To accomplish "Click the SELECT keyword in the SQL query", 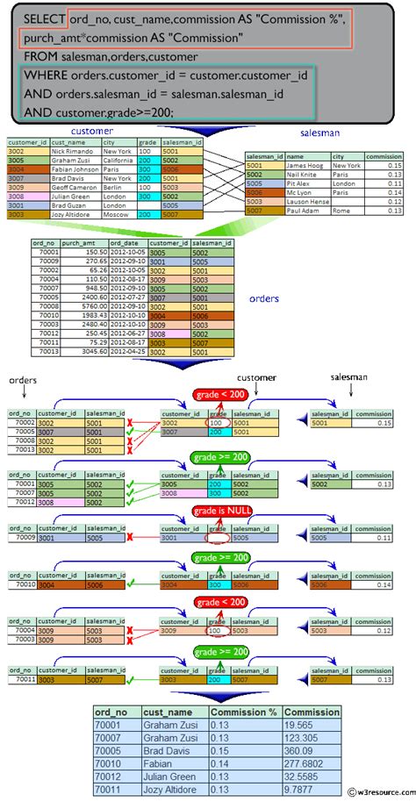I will click(42, 18).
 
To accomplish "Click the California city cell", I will click(118, 160).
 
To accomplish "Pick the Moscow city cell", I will click(116, 213).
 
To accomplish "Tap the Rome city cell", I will click(342, 211).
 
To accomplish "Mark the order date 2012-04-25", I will click(126, 350).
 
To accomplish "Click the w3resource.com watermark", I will click(376, 794).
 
